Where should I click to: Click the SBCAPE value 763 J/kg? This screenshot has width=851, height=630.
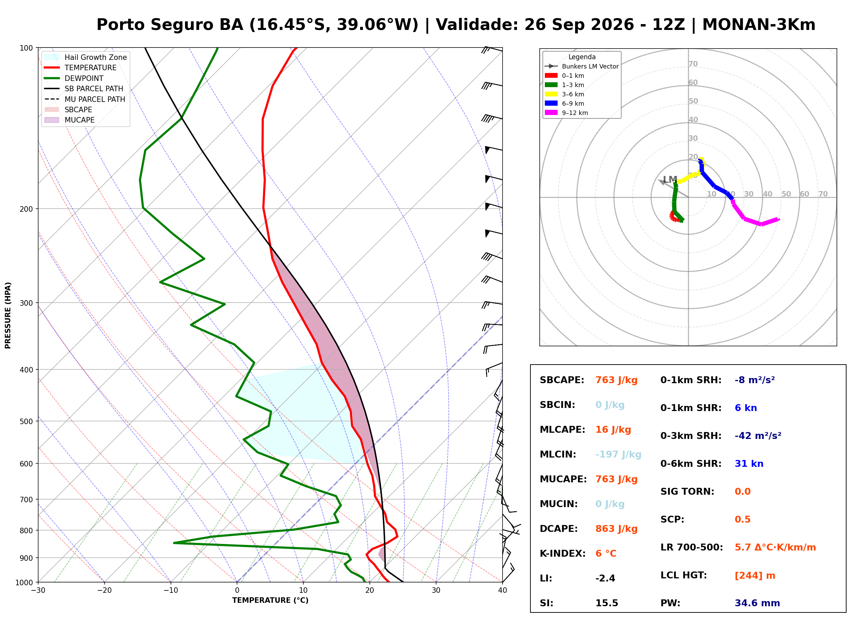616,380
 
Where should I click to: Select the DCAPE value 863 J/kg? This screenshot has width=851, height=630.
616,529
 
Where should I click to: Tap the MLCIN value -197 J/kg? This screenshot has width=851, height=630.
618,454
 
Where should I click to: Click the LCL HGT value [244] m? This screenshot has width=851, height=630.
755,576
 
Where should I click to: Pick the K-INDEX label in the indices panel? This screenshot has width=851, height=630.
562,554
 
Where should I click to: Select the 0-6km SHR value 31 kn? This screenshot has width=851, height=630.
749,464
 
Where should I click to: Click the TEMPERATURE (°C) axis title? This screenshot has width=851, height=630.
270,600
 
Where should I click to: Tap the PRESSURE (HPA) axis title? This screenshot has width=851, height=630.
8,315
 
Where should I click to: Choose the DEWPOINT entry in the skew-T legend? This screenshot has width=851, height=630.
84,78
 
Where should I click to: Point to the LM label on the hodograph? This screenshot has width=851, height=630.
670,180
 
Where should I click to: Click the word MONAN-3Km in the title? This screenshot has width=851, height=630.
759,25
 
